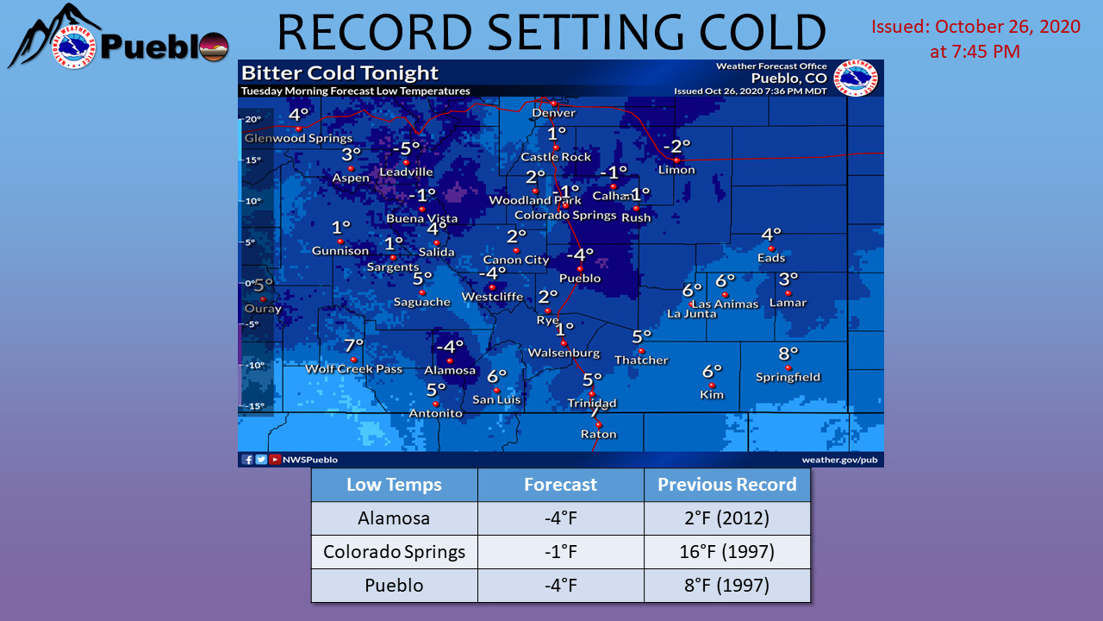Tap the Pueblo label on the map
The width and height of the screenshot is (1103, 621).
tap(579, 279)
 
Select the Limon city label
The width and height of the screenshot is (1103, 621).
tap(676, 170)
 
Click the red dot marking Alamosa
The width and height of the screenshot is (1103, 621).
tap(449, 361)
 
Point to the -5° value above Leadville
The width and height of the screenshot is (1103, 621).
tap(406, 148)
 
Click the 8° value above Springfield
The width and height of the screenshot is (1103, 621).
tap(788, 353)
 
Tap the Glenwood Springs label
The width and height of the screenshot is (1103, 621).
tap(298, 138)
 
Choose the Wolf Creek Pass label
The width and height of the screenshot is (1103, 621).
tap(353, 369)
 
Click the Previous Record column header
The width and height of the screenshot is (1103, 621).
tap(726, 485)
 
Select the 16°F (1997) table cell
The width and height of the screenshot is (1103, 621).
tap(726, 552)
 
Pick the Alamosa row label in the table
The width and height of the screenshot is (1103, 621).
tap(394, 518)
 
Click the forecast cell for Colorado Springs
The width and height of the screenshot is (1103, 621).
tap(560, 552)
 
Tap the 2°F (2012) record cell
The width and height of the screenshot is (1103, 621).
tap(726, 518)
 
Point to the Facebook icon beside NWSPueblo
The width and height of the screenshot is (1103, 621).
tap(247, 460)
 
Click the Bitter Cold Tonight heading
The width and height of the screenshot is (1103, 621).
tap(340, 73)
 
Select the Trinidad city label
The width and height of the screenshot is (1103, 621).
tap(592, 404)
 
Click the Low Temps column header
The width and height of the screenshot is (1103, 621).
tap(394, 485)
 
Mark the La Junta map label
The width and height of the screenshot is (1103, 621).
tap(691, 314)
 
